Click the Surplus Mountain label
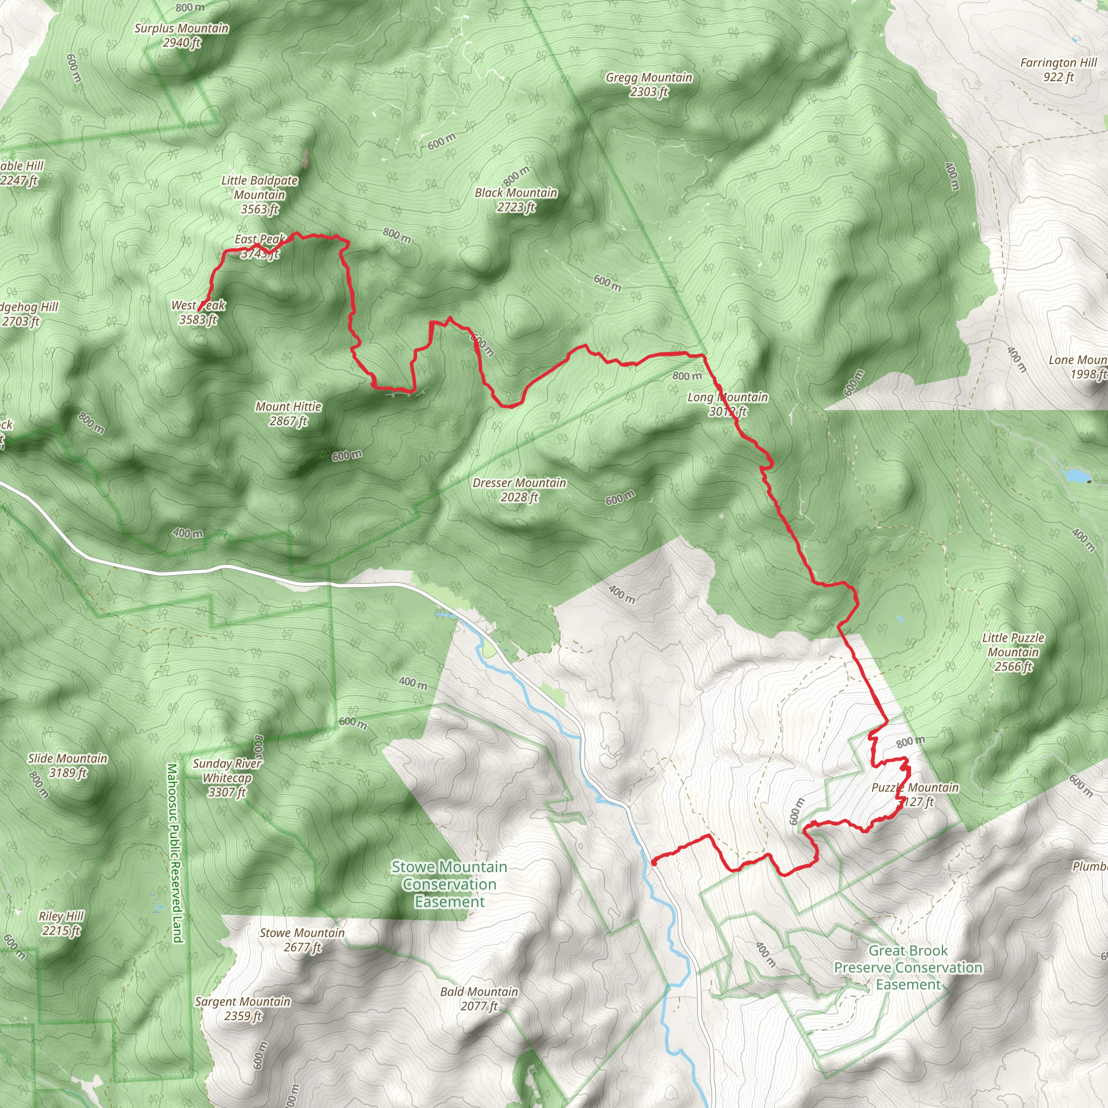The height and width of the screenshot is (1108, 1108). (x=181, y=35)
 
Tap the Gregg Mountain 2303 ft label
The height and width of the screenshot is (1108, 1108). (x=649, y=84)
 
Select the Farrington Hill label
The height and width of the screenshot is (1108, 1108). (x=1058, y=69)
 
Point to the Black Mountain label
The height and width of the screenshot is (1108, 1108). (x=516, y=200)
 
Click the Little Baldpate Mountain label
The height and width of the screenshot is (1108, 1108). (x=260, y=194)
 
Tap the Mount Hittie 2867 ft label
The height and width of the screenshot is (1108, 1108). (x=288, y=413)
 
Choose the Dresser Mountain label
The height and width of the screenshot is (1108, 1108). (x=519, y=490)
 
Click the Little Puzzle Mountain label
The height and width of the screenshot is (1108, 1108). (x=1013, y=651)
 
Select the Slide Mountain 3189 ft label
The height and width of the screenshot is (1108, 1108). (x=68, y=765)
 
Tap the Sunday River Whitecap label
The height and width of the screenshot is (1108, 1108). (x=227, y=777)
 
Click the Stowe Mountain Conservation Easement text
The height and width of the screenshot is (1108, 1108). (x=450, y=884)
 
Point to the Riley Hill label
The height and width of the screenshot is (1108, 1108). (x=61, y=924)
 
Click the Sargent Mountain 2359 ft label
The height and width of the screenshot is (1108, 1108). (x=242, y=1009)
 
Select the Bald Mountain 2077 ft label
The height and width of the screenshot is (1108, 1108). (x=479, y=999)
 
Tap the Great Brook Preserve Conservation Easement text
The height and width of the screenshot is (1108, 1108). (x=908, y=967)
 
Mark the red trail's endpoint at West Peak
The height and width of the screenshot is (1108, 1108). (x=199, y=310)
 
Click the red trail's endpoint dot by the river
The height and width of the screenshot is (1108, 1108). (x=654, y=862)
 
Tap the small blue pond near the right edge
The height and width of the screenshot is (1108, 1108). (x=1075, y=476)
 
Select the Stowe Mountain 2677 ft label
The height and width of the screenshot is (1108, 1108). (x=302, y=940)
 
